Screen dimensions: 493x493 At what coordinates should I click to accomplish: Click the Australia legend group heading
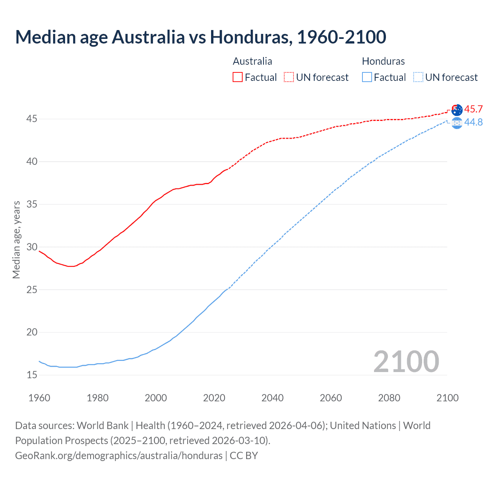click(252, 61)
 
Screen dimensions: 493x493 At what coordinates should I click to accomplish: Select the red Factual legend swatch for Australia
click(238, 77)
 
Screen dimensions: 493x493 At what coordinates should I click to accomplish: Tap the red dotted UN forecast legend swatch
click(289, 77)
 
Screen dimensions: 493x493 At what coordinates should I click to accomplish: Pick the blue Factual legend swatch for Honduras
click(367, 77)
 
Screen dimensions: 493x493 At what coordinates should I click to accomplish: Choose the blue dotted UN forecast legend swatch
click(418, 77)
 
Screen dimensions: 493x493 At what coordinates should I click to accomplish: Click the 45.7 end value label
click(473, 109)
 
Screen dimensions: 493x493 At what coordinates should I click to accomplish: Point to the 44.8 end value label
click(473, 122)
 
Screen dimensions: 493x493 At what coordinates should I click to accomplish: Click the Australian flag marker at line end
click(457, 110)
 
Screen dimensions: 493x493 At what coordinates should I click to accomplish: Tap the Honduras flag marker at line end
click(457, 123)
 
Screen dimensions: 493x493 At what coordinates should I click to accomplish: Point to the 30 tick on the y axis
click(32, 247)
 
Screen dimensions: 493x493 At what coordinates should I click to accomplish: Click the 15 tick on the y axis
click(32, 375)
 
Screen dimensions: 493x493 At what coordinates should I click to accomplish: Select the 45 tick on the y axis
click(32, 119)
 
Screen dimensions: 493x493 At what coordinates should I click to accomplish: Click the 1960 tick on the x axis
click(39, 398)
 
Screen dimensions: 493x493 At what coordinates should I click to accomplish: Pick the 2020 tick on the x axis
click(214, 398)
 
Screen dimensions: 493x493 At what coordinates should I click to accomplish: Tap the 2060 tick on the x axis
click(331, 398)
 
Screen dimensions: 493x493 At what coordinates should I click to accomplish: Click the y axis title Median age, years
click(16, 240)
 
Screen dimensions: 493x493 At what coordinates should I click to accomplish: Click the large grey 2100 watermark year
click(406, 361)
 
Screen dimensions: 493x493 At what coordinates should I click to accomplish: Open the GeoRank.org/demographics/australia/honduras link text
click(119, 456)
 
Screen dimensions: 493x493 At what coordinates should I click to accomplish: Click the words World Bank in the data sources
click(102, 426)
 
